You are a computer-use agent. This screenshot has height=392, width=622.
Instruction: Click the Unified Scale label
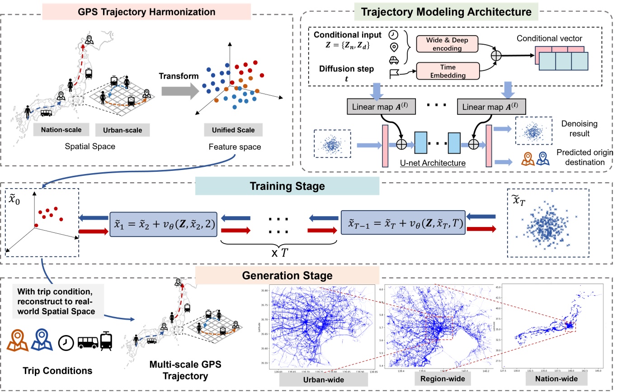tap(233, 130)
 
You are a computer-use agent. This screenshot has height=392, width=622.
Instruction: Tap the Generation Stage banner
tap(287, 275)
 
